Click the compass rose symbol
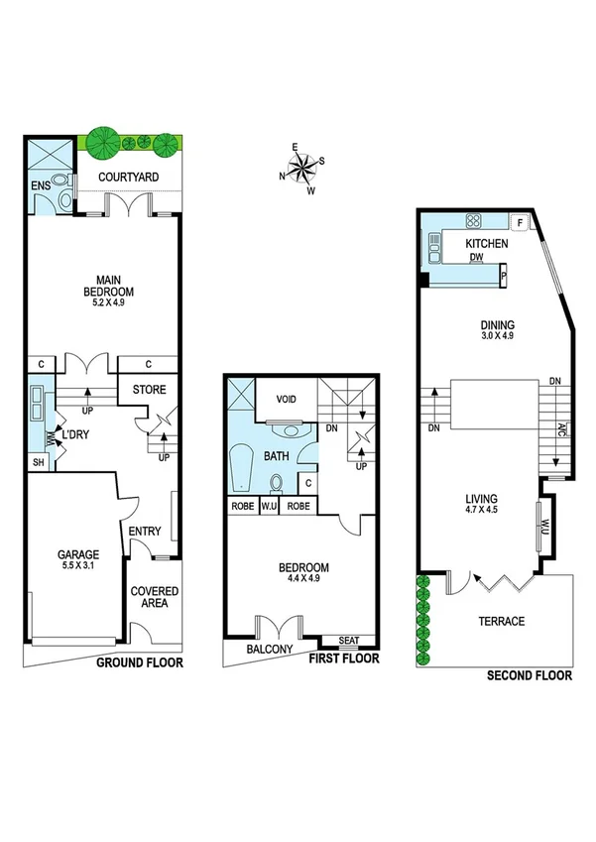pyautogui.click(x=303, y=168)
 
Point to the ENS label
pyautogui.click(x=42, y=184)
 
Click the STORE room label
pyautogui.click(x=150, y=390)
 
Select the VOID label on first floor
pyautogui.click(x=287, y=400)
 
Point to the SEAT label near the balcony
pyautogui.click(x=350, y=641)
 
